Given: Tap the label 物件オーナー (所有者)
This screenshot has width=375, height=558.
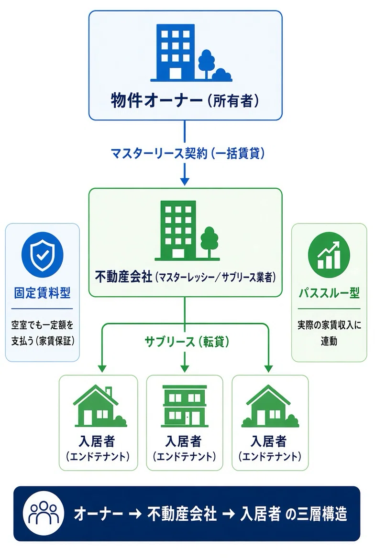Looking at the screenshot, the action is coord(185,100).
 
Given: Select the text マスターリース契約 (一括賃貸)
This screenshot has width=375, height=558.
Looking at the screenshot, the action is coord(187,153).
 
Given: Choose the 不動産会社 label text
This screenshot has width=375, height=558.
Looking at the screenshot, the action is coord(124,277).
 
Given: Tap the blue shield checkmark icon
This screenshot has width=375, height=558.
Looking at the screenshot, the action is coord(42,254).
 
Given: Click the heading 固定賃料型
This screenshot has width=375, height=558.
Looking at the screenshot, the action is coord(42,293).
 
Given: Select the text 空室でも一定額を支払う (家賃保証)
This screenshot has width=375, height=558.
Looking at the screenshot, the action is coord(43,333).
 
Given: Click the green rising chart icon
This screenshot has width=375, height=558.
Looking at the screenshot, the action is coord(329,255).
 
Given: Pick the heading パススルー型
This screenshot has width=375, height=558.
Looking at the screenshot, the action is coord(329,293).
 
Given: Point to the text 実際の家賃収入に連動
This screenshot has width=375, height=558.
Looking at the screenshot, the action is coord(329,333).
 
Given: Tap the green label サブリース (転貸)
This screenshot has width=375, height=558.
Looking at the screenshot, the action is coord(187,342).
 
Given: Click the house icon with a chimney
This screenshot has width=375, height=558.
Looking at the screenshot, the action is coord(99,406).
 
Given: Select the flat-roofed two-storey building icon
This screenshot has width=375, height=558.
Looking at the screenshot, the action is coord(184,406).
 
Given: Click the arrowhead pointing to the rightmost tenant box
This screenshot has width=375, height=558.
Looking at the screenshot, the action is coord(268,368).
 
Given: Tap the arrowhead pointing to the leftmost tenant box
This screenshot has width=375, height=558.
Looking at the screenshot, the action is coord(102,368).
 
